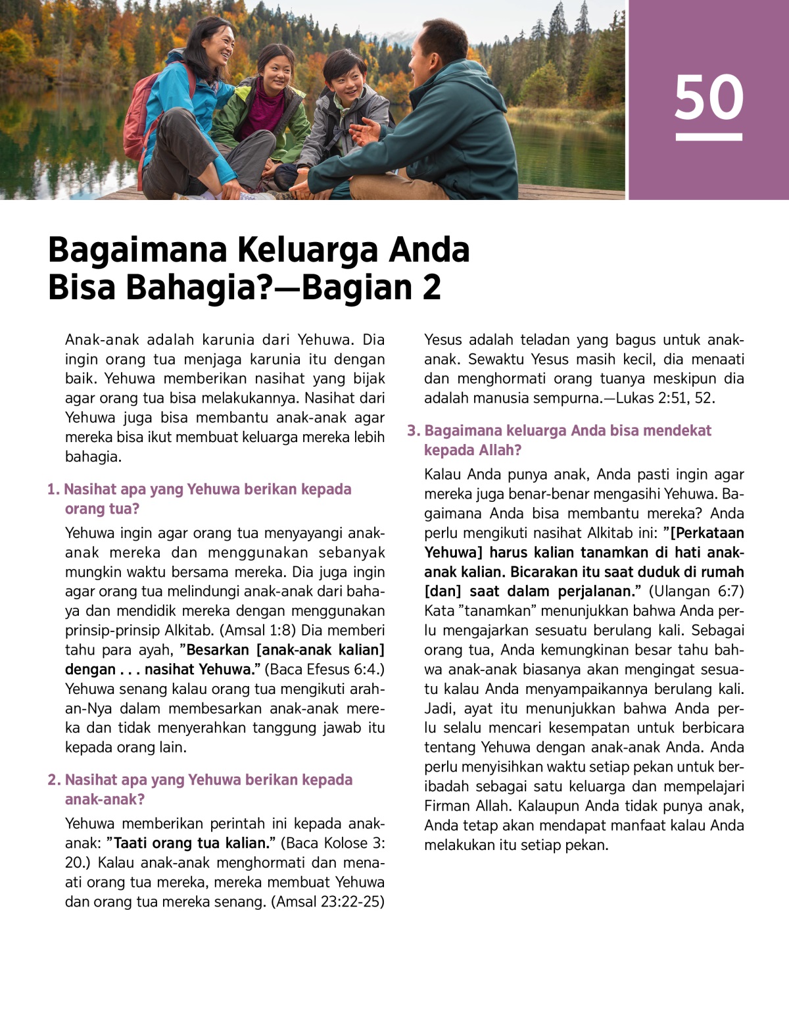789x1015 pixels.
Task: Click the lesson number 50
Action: pyautogui.click(x=709, y=97)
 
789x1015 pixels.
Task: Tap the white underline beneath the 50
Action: pyautogui.click(x=709, y=137)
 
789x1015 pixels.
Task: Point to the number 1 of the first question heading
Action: pyautogui.click(x=52, y=489)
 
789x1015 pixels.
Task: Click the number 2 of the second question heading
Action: pyautogui.click(x=53, y=780)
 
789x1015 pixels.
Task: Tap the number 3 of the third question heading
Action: pyautogui.click(x=412, y=431)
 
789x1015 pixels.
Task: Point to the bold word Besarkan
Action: pyautogui.click(x=218, y=650)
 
